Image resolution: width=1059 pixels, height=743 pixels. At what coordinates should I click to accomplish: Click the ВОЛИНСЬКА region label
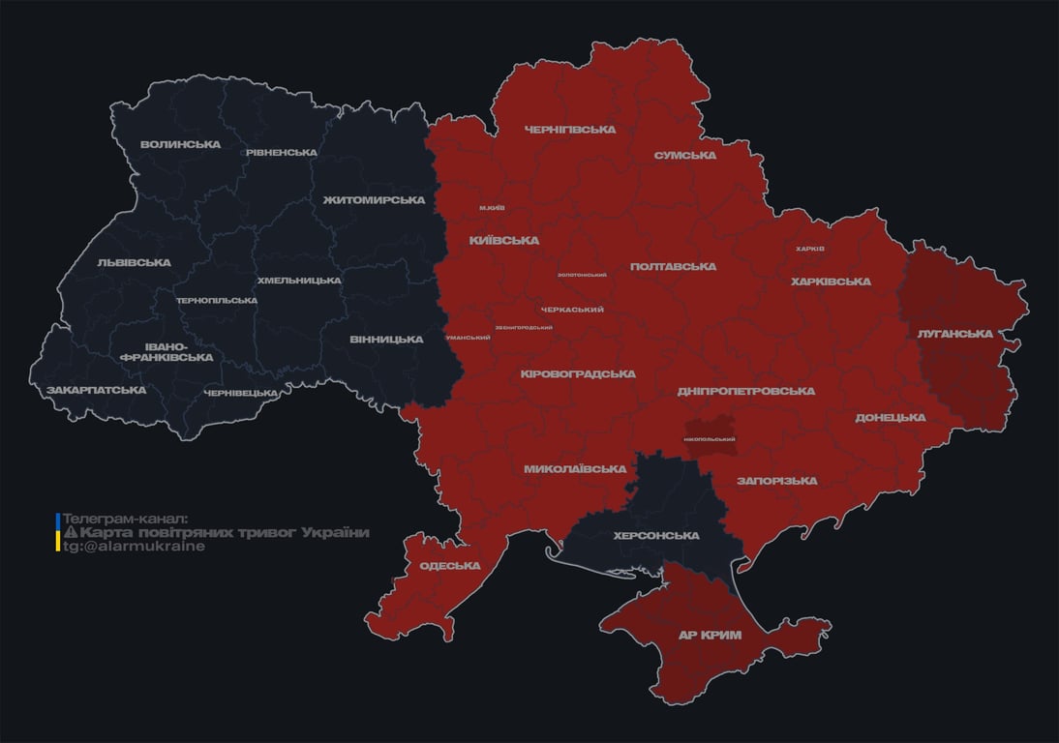[x=180, y=145]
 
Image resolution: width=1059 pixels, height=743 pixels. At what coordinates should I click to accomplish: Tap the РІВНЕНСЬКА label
[x=281, y=153]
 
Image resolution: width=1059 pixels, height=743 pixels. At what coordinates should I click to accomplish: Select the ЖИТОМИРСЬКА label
[x=374, y=200]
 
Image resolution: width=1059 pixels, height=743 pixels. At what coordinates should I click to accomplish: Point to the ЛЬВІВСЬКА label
[x=134, y=263]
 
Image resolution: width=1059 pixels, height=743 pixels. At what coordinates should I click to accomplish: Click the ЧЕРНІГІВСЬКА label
[x=570, y=130]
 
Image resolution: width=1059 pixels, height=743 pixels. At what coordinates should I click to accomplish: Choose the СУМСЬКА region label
[x=684, y=156]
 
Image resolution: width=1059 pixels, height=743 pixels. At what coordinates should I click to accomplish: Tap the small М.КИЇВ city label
[x=492, y=208]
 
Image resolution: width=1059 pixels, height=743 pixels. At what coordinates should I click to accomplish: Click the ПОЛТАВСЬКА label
[x=673, y=267]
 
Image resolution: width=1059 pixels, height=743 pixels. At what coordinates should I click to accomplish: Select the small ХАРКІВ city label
[x=809, y=249]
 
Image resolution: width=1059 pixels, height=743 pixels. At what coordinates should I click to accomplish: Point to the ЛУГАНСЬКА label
[x=955, y=334]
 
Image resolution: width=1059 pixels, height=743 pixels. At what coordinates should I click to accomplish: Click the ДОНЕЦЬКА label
[x=890, y=418]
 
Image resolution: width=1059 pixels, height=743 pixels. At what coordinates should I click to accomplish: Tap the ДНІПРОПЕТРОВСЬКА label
[x=745, y=392]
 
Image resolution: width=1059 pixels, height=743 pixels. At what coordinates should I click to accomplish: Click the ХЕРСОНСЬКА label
[x=656, y=536]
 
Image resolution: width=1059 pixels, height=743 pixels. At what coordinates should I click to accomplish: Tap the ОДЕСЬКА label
[x=450, y=566]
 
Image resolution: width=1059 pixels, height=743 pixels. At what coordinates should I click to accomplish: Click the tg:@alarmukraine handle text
[x=135, y=547]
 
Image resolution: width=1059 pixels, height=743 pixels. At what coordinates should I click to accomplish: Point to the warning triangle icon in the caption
[x=71, y=533]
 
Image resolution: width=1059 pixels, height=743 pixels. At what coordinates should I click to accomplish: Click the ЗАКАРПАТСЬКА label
[x=97, y=391]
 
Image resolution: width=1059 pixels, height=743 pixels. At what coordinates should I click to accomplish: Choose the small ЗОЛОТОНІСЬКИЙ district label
[x=582, y=275]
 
